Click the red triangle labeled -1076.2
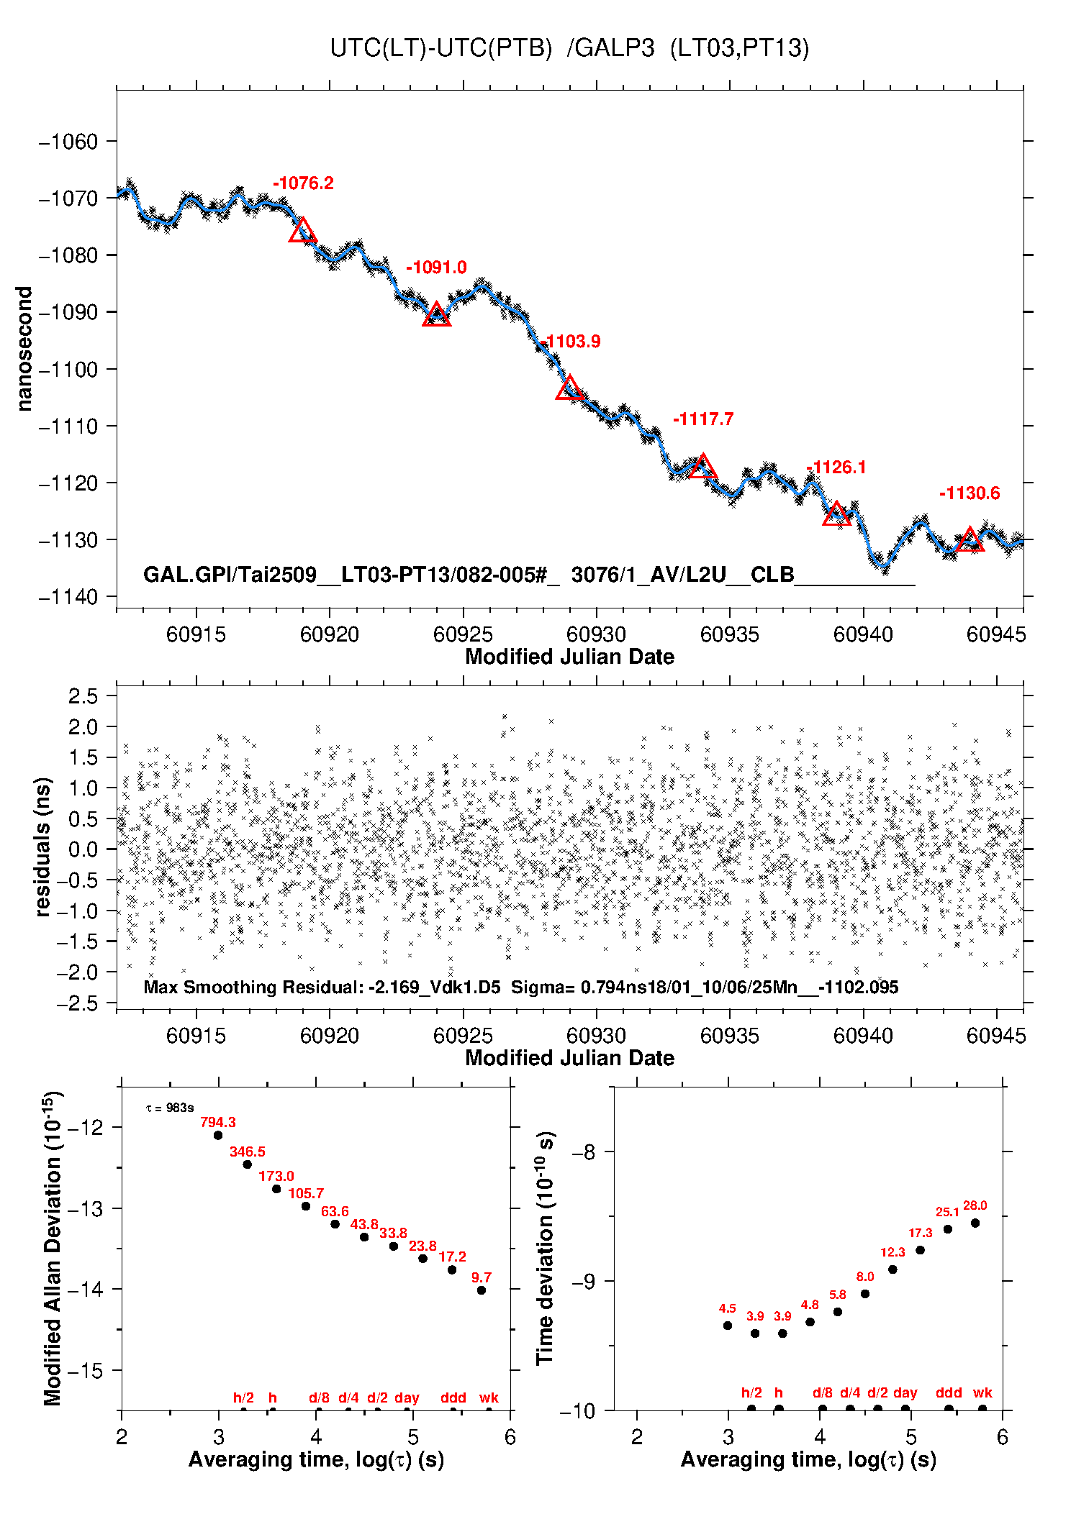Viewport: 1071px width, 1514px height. (x=302, y=232)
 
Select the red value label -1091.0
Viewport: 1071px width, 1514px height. (x=436, y=268)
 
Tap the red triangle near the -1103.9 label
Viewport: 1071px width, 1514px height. (x=569, y=388)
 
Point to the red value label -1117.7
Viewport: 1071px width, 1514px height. (x=703, y=419)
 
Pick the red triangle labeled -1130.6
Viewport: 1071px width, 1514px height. (x=970, y=539)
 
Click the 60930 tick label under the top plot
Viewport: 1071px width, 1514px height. (x=596, y=634)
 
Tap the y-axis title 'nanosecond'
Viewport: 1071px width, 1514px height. (x=24, y=349)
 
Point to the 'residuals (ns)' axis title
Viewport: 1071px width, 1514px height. (x=43, y=847)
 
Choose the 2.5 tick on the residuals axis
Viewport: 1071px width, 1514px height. (x=83, y=696)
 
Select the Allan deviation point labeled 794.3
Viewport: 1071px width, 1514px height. (x=218, y=1135)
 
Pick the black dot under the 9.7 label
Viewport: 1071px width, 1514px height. (x=482, y=1290)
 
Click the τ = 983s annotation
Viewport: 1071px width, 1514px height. (x=170, y=1108)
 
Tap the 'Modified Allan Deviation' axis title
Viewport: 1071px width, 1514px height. (x=52, y=1249)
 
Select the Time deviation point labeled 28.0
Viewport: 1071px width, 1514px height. (x=975, y=1223)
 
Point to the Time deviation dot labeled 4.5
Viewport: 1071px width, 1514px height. (x=728, y=1325)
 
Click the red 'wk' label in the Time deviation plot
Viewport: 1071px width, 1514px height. (x=982, y=1392)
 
